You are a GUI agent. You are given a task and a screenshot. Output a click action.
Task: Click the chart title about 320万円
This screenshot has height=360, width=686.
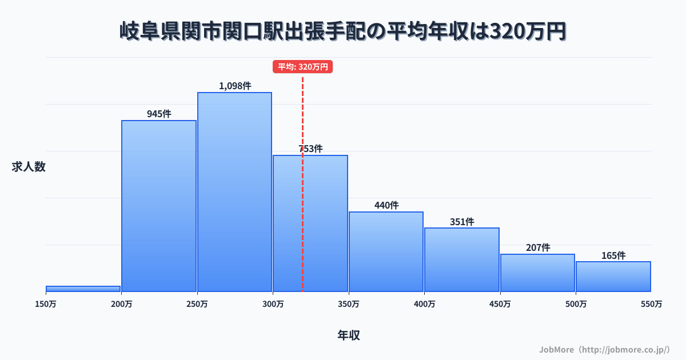click(343, 31)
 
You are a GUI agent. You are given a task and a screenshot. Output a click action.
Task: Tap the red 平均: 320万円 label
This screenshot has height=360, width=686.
click(302, 67)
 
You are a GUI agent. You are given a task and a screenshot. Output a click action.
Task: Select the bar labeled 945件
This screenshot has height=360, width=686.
click(159, 206)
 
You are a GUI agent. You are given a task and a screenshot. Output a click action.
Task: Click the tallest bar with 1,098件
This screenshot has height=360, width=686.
click(234, 192)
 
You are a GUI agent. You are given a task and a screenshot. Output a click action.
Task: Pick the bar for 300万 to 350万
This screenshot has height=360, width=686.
click(310, 223)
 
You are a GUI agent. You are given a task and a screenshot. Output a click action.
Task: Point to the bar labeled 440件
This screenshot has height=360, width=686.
click(386, 251)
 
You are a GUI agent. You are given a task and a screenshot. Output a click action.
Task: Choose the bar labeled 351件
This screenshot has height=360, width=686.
click(462, 259)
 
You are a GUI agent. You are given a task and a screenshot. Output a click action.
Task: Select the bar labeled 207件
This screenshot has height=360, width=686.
click(537, 273)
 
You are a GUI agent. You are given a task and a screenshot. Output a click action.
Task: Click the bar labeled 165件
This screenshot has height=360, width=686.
click(613, 277)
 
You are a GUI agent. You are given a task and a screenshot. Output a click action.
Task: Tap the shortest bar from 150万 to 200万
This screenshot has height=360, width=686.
click(83, 289)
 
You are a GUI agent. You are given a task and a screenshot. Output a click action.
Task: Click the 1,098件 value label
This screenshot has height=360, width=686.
click(235, 86)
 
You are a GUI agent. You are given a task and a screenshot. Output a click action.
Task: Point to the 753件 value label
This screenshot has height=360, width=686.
click(310, 149)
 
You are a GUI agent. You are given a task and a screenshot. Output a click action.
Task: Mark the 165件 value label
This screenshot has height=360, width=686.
click(613, 255)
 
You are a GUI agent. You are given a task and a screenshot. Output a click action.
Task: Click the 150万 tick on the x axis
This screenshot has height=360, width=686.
click(46, 305)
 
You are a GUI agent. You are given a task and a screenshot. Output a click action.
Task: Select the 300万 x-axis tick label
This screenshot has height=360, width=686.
click(273, 305)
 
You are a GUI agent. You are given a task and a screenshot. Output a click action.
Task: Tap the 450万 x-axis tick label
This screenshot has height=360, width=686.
click(500, 305)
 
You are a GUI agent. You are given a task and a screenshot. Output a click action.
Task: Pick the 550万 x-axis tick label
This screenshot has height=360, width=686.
click(652, 305)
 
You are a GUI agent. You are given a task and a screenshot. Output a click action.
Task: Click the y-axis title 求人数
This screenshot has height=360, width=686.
click(29, 167)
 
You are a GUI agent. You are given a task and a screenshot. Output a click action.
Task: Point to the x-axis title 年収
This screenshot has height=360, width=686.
click(349, 335)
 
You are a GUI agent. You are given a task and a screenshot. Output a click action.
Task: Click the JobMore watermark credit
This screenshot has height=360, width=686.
click(604, 349)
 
